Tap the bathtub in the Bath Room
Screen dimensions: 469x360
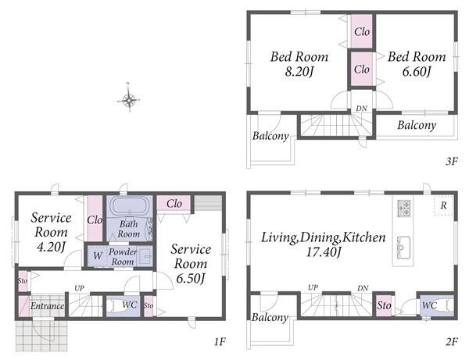tap(130, 206)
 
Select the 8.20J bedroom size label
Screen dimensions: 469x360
tap(299, 72)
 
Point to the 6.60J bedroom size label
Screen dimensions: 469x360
tap(417, 72)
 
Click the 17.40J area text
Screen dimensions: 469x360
tap(324, 252)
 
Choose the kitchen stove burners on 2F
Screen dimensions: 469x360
tap(403, 209)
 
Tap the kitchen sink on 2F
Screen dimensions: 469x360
tap(403, 248)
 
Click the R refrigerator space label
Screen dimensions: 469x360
tap(443, 205)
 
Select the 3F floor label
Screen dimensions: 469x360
tap(452, 162)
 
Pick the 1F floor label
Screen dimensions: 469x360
tap(220, 341)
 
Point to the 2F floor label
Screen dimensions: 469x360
tap(452, 341)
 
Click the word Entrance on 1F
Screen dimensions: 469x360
tap(47, 305)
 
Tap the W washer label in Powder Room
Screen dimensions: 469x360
tap(98, 255)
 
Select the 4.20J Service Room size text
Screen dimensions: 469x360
tap(51, 247)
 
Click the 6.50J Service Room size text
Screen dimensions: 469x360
tap(191, 279)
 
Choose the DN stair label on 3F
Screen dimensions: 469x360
tap(362, 109)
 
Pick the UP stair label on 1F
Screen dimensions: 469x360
tap(79, 288)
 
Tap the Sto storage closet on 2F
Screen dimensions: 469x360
tap(384, 305)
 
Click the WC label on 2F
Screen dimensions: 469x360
tap(429, 305)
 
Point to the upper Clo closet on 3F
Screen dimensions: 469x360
tap(362, 31)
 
